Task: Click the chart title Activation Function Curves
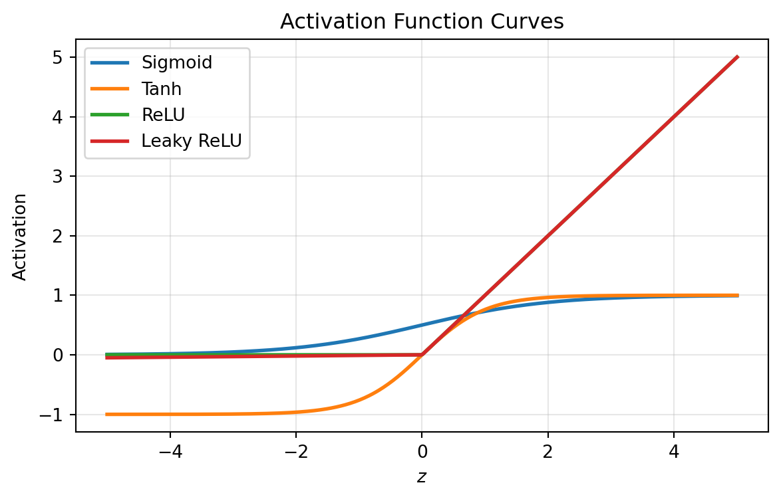(x=422, y=21)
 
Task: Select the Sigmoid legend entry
(x=176, y=63)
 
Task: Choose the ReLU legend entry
(x=162, y=114)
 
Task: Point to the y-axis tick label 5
(x=59, y=58)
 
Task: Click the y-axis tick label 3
(x=59, y=177)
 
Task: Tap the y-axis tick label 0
(x=59, y=355)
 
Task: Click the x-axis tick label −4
(x=170, y=451)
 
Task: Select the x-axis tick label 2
(x=547, y=451)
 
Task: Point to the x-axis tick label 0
(x=422, y=451)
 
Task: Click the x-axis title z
(x=422, y=476)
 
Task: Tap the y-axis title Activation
(x=21, y=237)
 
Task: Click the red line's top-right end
(x=737, y=57)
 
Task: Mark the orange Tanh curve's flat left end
(x=107, y=414)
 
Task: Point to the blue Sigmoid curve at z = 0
(x=422, y=325)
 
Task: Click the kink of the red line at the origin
(x=422, y=354)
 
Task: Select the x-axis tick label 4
(x=674, y=451)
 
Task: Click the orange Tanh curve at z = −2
(x=296, y=412)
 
